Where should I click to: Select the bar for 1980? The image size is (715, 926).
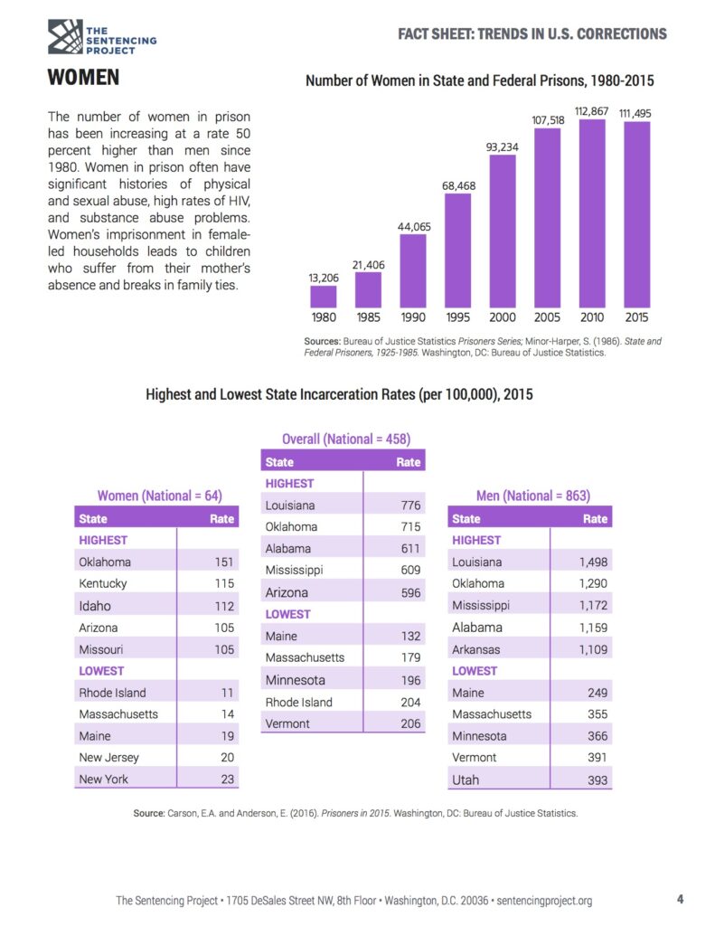pos(323,297)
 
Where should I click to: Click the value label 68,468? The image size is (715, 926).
pos(458,185)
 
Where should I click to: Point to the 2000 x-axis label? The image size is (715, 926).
pos(503,317)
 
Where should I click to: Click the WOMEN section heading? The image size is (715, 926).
pos(83,78)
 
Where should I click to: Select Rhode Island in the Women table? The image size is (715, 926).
pos(112,693)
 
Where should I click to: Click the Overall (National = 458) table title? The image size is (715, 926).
pos(346,439)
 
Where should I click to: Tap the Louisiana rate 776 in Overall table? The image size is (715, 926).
pos(410,506)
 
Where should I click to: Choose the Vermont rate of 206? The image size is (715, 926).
pos(410,723)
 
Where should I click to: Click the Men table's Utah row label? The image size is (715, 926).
pos(466,780)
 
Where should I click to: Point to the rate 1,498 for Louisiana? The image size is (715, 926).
pos(593,562)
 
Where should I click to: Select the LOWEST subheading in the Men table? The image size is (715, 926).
pos(475,671)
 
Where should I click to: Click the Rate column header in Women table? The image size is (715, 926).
pos(221,519)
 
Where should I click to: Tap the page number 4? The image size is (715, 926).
pos(680,899)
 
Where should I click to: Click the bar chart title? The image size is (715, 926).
pos(480,81)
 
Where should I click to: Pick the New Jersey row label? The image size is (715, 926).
pos(108,758)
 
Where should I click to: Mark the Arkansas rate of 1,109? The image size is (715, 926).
pos(593,649)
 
